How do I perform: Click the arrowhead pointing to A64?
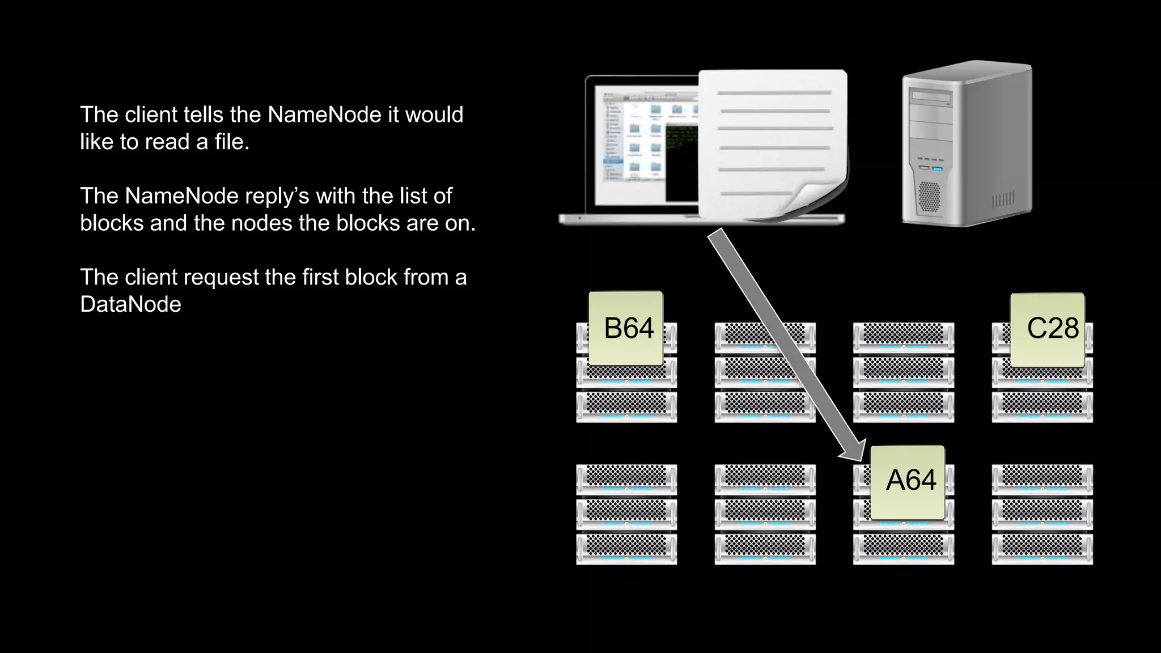(853, 451)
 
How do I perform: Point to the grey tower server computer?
(967, 145)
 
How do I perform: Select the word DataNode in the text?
(130, 305)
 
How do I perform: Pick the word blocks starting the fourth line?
(112, 223)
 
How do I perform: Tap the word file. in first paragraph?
(232, 142)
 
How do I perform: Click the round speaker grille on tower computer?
(929, 196)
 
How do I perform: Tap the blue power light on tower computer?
(937, 169)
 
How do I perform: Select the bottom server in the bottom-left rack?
(626, 549)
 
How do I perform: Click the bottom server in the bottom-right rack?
(1042, 549)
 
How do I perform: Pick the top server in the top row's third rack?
(904, 337)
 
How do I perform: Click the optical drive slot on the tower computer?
(930, 97)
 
